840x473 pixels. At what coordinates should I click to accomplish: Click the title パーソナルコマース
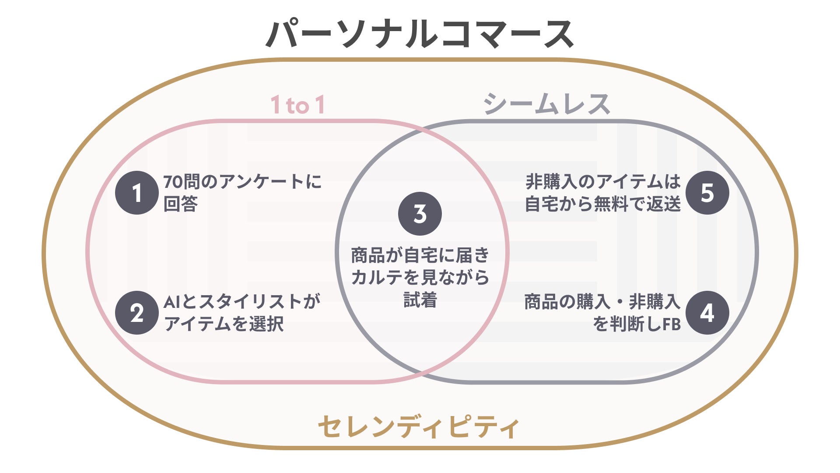click(420, 34)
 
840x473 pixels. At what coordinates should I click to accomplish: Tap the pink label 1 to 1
click(298, 105)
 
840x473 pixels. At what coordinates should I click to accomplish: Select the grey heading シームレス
click(547, 104)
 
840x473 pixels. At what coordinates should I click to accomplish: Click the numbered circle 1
click(137, 193)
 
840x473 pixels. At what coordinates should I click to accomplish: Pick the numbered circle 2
click(137, 313)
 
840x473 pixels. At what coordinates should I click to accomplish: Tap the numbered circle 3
click(420, 214)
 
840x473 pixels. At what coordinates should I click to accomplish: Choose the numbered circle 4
click(707, 313)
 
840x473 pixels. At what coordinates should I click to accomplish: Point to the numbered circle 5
click(707, 193)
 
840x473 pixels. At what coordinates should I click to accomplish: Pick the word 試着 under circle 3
click(420, 300)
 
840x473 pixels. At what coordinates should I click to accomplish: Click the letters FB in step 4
click(671, 325)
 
